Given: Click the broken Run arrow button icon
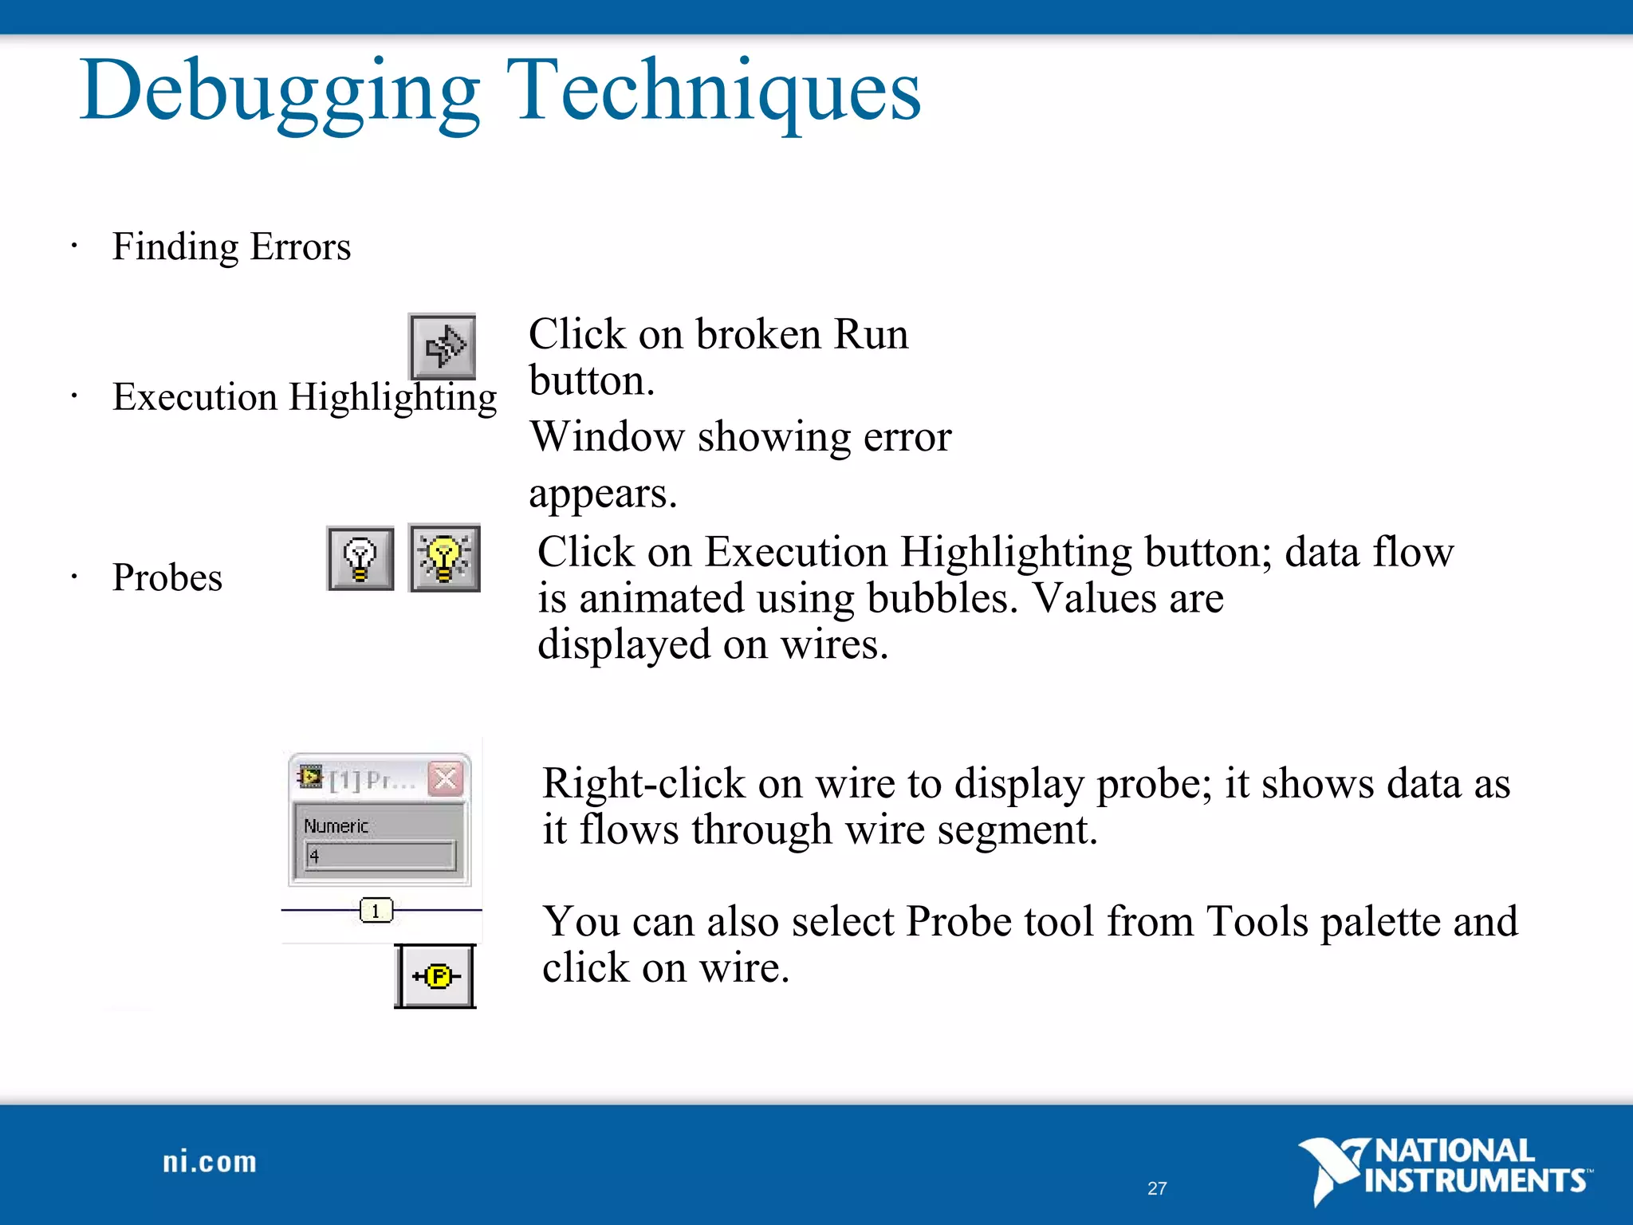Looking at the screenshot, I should point(443,346).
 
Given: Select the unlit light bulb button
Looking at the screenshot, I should point(360,558).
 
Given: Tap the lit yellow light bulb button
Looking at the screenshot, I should point(444,558).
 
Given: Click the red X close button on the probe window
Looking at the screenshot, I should point(446,778).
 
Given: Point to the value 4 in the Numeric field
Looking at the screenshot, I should point(314,857).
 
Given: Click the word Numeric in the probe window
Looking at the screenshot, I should point(336,826).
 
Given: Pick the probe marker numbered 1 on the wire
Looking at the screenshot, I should point(376,910).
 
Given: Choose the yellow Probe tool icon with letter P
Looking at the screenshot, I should point(435,976).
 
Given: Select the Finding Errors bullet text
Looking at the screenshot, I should point(231,246).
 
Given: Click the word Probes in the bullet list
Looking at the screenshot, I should point(167,577).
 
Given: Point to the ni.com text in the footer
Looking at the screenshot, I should point(210,1162).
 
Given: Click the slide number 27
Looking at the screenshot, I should point(1157,1188).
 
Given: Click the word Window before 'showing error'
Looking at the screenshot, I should point(608,437).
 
